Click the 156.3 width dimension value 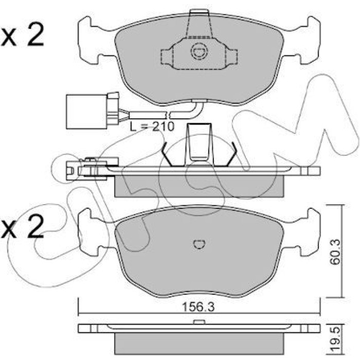click(198, 307)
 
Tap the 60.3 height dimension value click(335, 252)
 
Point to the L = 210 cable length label click(152, 127)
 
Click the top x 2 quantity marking click(22, 35)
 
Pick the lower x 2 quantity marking click(22, 226)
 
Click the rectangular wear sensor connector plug click(86, 112)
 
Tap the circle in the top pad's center click(199, 52)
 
